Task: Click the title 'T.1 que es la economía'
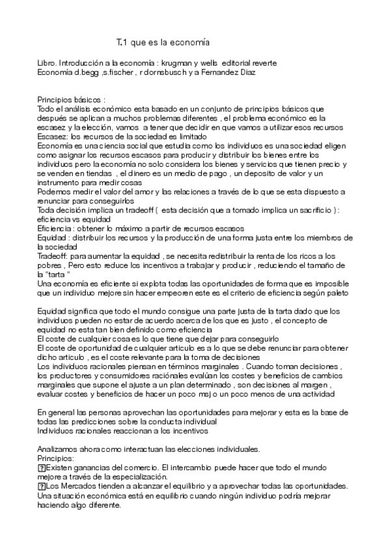162,42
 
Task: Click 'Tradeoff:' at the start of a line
53,257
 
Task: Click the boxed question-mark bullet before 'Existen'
42,468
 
